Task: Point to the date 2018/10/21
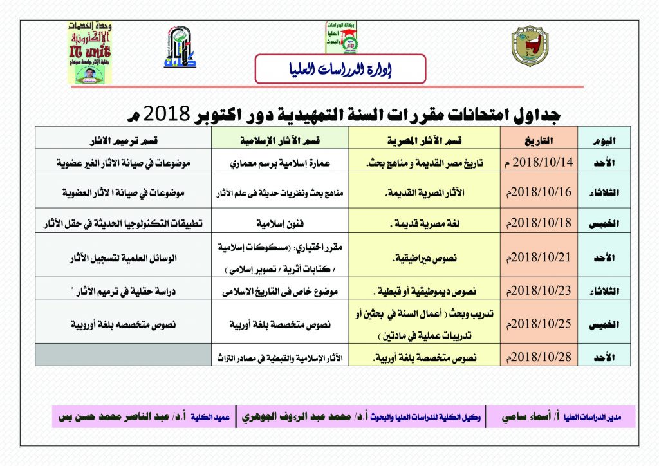[x=539, y=257]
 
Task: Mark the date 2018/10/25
[x=539, y=323]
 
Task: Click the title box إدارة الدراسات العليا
[x=340, y=69]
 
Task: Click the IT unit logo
[x=90, y=51]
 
